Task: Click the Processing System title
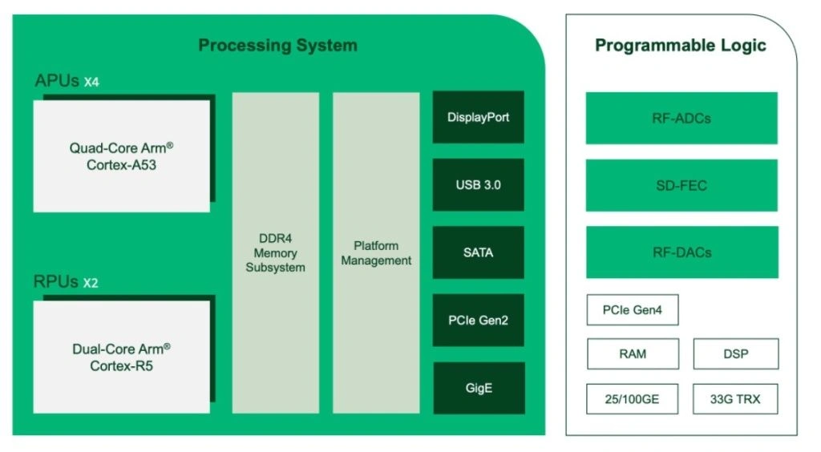click(x=277, y=45)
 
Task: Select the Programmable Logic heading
click(x=680, y=45)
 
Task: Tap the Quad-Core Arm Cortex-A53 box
click(x=122, y=155)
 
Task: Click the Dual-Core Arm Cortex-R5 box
click(x=122, y=357)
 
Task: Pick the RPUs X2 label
click(x=66, y=282)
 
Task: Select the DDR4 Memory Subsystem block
click(x=275, y=252)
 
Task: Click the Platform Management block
click(x=376, y=252)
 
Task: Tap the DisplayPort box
click(x=478, y=117)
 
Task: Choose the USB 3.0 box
click(x=478, y=185)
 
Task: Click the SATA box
click(x=478, y=252)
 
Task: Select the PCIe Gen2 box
click(x=478, y=321)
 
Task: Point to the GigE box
click(x=478, y=388)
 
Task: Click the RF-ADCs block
click(x=681, y=118)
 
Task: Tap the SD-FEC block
click(x=681, y=185)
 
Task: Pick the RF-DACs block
click(x=681, y=252)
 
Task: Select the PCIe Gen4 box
click(x=633, y=310)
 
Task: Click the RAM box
click(x=633, y=353)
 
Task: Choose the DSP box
click(x=734, y=353)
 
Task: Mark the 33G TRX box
click(x=734, y=398)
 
